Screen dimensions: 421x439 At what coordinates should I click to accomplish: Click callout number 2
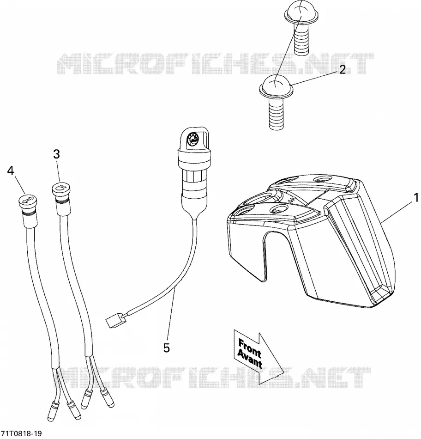point(343,69)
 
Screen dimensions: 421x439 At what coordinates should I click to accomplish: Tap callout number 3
point(56,154)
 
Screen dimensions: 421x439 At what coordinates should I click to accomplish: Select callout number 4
point(11,171)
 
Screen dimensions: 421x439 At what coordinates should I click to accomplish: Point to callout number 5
point(167,348)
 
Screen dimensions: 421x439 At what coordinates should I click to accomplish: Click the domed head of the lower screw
point(276,84)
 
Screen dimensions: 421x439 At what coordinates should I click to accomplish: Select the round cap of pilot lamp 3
point(61,189)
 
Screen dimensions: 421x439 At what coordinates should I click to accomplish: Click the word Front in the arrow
point(249,348)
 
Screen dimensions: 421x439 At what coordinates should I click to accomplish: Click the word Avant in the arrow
point(250,359)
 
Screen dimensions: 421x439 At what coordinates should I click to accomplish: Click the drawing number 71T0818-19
point(21,433)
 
